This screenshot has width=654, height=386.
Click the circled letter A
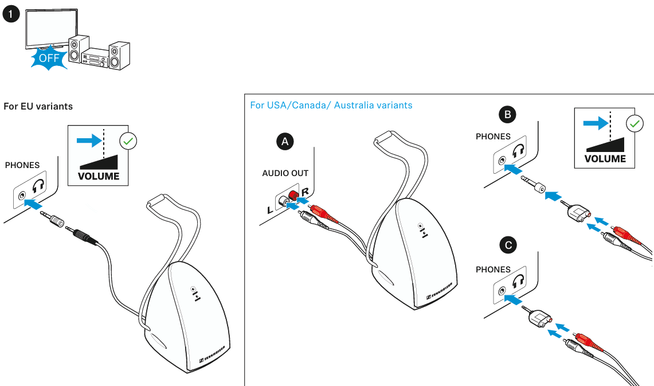[285, 141]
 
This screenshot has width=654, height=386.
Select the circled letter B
[507, 115]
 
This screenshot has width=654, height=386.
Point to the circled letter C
[507, 246]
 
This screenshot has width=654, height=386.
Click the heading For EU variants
[38, 107]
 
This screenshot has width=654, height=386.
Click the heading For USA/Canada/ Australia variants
[331, 106]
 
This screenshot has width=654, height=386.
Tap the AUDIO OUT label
[285, 173]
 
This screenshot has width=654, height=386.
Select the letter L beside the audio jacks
[270, 210]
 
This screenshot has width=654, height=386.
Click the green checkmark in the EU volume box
[127, 141]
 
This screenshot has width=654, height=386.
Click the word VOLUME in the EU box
[99, 176]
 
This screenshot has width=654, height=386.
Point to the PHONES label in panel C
[493, 270]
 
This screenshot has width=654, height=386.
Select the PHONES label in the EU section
[22, 165]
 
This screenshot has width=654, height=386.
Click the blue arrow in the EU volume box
[87, 138]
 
